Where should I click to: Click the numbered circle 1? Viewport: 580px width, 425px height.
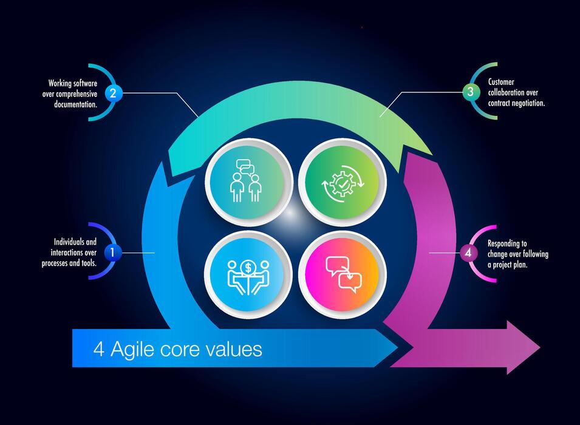click(x=112, y=252)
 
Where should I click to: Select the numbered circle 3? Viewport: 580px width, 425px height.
click(x=470, y=92)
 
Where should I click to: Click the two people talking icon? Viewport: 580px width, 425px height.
click(x=248, y=181)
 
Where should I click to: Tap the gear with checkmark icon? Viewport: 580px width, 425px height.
click(x=342, y=181)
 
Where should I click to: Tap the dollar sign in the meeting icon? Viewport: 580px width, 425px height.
click(x=248, y=267)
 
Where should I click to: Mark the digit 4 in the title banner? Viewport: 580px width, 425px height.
click(x=98, y=349)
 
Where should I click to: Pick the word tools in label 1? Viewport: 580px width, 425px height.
click(x=86, y=263)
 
